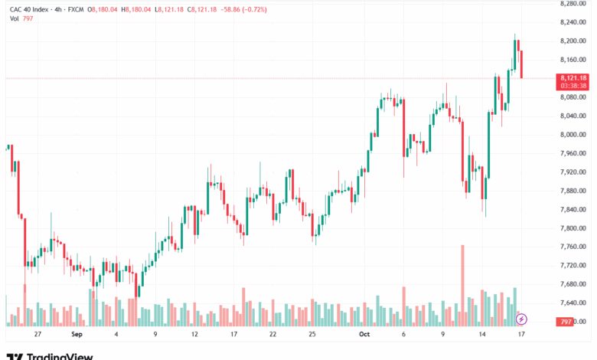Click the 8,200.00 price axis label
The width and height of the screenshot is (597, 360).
(x=573, y=41)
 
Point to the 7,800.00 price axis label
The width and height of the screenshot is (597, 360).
(x=573, y=228)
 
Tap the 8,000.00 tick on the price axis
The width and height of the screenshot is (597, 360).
(x=573, y=135)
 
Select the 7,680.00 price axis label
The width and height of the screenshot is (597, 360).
(x=573, y=284)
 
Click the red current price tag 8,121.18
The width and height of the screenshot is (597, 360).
(x=573, y=81)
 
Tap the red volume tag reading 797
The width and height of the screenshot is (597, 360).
(x=565, y=322)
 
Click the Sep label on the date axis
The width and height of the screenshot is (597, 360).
(x=77, y=334)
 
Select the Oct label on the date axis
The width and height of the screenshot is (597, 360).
(x=364, y=334)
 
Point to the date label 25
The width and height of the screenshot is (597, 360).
(x=312, y=334)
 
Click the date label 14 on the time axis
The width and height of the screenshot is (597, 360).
(x=482, y=334)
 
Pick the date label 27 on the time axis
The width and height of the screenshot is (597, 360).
(x=38, y=334)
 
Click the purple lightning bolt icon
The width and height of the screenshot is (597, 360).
(x=521, y=319)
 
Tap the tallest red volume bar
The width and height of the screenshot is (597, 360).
(x=462, y=286)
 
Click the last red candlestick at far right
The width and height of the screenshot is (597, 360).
(x=521, y=64)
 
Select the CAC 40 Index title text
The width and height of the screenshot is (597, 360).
(x=29, y=9)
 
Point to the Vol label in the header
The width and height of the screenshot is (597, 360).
(x=14, y=18)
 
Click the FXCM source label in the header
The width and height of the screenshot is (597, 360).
(x=76, y=9)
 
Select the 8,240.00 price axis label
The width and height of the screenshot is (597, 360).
(x=573, y=22)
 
